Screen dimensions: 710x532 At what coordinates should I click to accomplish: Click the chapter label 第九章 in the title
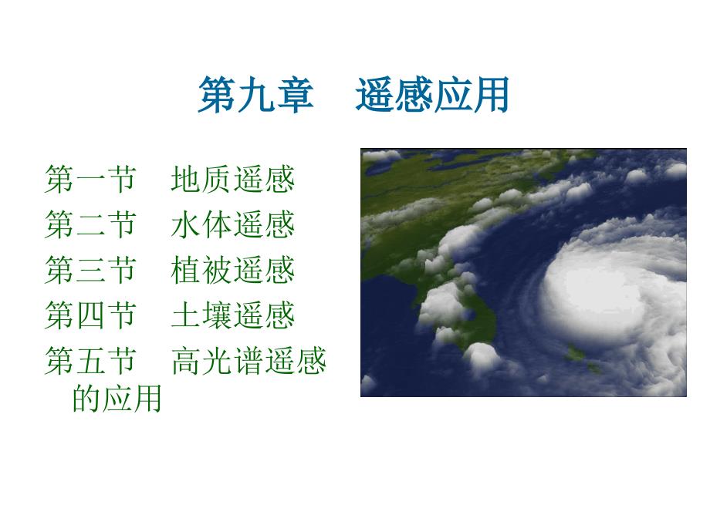click(x=256, y=95)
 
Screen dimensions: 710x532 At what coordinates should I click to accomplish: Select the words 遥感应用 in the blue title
click(x=432, y=95)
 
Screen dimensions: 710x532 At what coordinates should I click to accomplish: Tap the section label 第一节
click(x=90, y=179)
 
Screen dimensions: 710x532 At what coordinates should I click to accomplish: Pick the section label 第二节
click(x=90, y=224)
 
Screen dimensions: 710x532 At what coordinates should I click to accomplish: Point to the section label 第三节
click(x=90, y=270)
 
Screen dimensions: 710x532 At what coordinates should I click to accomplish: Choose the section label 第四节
click(x=90, y=315)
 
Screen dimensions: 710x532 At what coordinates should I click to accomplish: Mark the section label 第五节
click(x=90, y=361)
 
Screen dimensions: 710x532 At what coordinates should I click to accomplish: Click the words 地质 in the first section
click(x=201, y=179)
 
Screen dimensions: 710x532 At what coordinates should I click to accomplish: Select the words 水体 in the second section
click(x=201, y=224)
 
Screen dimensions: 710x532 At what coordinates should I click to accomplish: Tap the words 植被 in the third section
click(x=201, y=270)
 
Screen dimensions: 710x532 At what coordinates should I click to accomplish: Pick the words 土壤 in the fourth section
click(x=201, y=315)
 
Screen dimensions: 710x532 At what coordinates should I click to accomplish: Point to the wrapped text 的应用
click(x=117, y=398)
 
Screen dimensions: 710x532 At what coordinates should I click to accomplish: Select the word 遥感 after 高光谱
click(x=296, y=361)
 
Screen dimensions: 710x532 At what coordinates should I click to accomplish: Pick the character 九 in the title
click(x=256, y=95)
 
